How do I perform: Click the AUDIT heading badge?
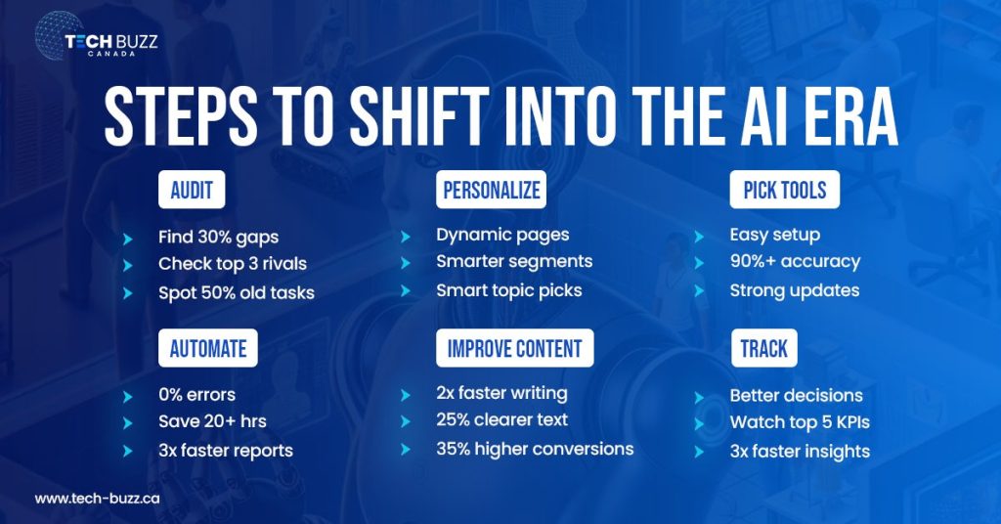tap(192, 190)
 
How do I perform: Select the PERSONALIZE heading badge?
tap(491, 190)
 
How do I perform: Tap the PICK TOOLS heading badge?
tap(784, 190)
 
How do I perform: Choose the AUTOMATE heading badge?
tap(207, 348)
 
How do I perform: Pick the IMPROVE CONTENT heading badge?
tap(514, 348)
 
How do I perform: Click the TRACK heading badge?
tap(764, 348)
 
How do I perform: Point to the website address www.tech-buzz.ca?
tap(98, 499)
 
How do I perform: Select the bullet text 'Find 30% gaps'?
tap(219, 237)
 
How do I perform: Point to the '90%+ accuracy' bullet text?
tap(795, 262)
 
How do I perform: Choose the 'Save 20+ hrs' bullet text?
tap(212, 421)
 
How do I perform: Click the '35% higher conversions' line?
tap(535, 449)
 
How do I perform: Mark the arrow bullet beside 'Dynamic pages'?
tap(406, 236)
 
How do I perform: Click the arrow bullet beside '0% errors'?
tap(127, 396)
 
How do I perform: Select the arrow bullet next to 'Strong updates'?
tap(699, 291)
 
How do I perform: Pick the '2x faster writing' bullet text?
tap(501, 393)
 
